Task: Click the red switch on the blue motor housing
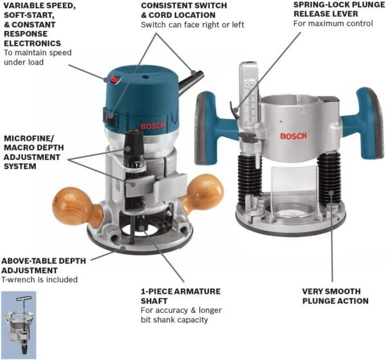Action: pyautogui.click(x=115, y=79)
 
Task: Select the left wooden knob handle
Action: pyautogui.click(x=70, y=205)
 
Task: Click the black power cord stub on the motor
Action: pyautogui.click(x=192, y=81)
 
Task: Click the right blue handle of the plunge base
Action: pyautogui.click(x=369, y=123)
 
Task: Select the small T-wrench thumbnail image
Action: pyautogui.click(x=18, y=324)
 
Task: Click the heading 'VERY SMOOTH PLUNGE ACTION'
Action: pyautogui.click(x=335, y=296)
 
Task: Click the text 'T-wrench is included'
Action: pyautogui.click(x=39, y=280)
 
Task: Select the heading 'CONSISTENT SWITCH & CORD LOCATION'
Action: pyautogui.click(x=184, y=10)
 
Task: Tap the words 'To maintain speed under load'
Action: pyautogui.click(x=37, y=57)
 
